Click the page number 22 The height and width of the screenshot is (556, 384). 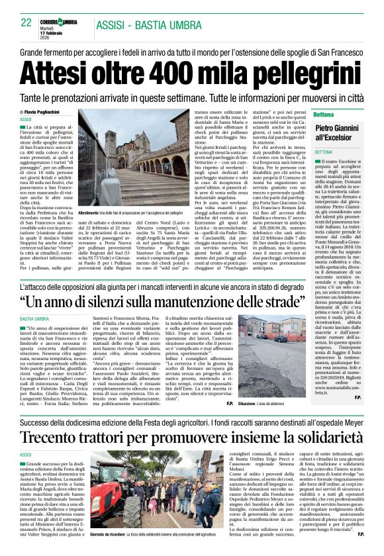(x=26, y=22)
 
